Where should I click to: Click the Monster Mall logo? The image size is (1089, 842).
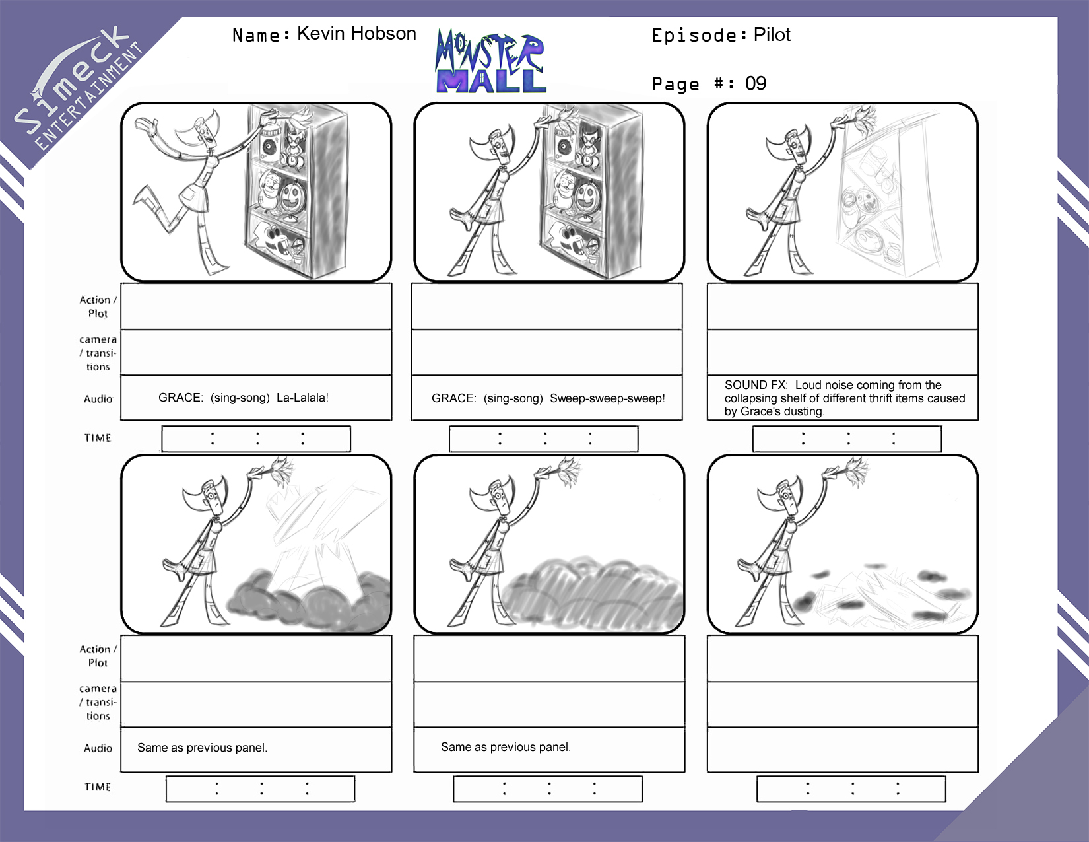490,61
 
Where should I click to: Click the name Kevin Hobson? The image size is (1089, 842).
356,34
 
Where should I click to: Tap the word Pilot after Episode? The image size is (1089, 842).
772,34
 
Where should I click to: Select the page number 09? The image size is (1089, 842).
756,83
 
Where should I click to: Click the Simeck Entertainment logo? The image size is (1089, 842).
78,88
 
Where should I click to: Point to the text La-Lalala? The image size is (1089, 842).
303,398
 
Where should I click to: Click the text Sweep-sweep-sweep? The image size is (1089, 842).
607,398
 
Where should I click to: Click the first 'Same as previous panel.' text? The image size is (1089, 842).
203,747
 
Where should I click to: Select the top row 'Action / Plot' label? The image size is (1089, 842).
98,306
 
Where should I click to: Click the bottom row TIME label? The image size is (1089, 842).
98,787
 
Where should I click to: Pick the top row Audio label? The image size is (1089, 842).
98,399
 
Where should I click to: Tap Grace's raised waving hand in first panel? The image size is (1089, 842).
146,125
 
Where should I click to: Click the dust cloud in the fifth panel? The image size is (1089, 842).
593,594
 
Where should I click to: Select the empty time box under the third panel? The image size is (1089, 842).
847,439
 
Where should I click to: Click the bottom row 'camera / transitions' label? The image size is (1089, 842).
98,702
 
